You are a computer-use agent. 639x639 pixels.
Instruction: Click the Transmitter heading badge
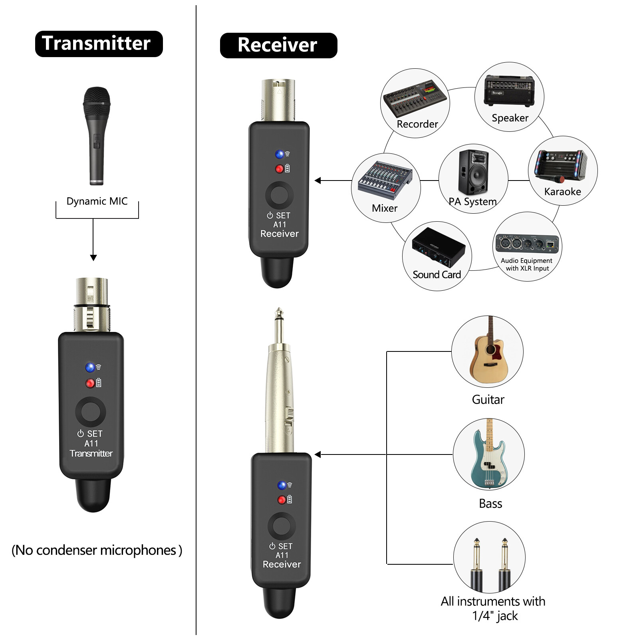99,44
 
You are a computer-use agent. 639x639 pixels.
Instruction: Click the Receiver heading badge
278,45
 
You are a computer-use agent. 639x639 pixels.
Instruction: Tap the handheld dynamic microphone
96,136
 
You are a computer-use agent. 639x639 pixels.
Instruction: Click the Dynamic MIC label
97,201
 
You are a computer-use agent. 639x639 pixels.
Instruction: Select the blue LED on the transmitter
90,367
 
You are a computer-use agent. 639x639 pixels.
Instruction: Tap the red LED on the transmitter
90,383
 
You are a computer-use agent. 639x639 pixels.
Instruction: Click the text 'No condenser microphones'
97,550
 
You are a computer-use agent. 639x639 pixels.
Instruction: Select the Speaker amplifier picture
509,91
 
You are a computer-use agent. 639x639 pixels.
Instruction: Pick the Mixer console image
385,180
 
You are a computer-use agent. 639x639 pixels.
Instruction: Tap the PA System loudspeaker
473,173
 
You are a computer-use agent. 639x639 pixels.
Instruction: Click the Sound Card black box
438,248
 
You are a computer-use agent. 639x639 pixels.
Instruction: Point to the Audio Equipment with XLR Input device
527,243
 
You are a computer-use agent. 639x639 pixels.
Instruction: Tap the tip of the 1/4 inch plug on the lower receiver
279,312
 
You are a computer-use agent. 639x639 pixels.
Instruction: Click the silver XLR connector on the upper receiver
278,100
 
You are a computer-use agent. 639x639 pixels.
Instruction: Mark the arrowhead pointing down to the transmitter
93,258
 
